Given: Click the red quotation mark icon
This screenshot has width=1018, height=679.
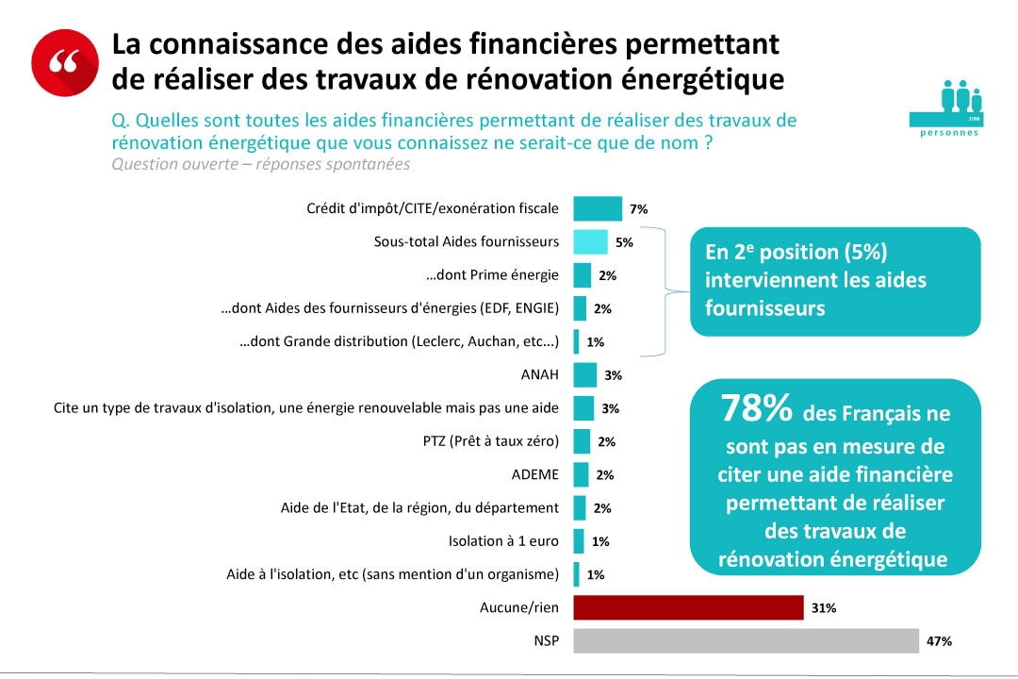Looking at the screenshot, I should click(x=64, y=62).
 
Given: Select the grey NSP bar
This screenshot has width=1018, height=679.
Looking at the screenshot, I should click(x=746, y=640).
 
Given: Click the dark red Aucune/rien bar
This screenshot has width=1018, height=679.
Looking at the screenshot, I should click(x=688, y=607).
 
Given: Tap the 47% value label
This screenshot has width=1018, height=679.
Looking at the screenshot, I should click(x=939, y=641).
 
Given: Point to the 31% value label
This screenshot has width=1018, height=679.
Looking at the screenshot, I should click(x=823, y=608).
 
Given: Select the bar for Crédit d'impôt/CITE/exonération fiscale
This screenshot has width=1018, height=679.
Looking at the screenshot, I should click(x=598, y=208).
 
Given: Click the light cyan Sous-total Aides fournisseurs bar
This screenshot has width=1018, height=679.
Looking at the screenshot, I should click(x=590, y=241).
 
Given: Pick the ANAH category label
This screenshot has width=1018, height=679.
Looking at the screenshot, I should click(x=539, y=374).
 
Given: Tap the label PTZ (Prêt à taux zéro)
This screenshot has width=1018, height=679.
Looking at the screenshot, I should click(x=491, y=441).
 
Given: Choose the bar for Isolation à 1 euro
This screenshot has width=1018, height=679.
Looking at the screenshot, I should click(x=578, y=541).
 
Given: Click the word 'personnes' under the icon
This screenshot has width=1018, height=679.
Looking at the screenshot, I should click(x=948, y=133).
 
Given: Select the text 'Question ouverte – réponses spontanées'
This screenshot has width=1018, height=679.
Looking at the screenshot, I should click(x=260, y=164).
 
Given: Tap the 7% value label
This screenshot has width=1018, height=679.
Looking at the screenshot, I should click(x=638, y=209).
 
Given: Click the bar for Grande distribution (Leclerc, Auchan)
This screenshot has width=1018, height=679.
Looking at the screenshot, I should click(x=576, y=341).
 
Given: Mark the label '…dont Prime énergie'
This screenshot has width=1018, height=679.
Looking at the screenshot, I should click(x=493, y=274).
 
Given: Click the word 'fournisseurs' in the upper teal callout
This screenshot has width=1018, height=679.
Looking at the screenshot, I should click(x=765, y=308).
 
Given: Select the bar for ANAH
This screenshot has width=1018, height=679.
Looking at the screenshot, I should click(x=584, y=374).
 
